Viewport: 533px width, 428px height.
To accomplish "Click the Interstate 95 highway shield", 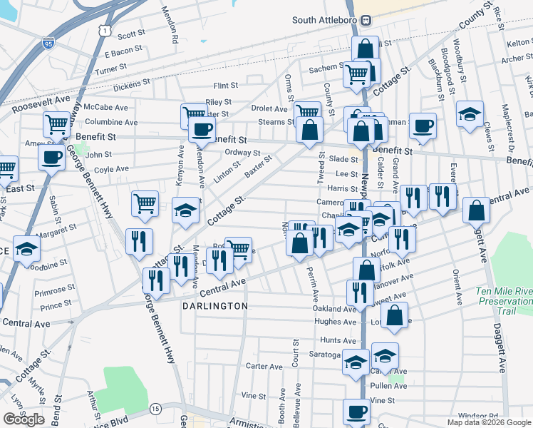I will coord(48,44).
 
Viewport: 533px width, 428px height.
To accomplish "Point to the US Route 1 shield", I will coord(105,30).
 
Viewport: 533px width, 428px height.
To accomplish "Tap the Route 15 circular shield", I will coord(155,409).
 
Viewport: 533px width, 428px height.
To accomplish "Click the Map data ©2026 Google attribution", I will coord(489,422).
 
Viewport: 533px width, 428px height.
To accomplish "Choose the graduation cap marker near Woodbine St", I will coord(26,250).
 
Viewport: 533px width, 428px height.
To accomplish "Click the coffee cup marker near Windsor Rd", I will coord(357,412).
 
